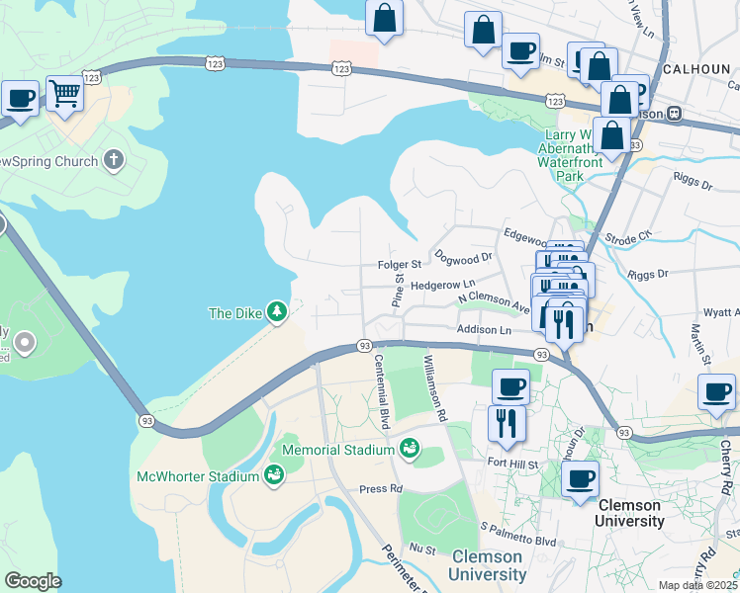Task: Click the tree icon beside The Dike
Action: [x=278, y=312]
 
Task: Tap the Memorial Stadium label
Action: [x=338, y=450]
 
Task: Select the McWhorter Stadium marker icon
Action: [x=274, y=476]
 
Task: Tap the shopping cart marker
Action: [x=64, y=95]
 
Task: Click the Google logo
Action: [x=33, y=580]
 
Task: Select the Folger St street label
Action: [x=400, y=265]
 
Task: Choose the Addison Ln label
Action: [x=484, y=329]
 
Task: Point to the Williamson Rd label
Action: [x=434, y=387]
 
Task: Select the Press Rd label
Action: [x=381, y=488]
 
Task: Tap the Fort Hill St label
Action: [x=512, y=462]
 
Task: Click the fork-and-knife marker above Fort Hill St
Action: [x=506, y=422]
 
